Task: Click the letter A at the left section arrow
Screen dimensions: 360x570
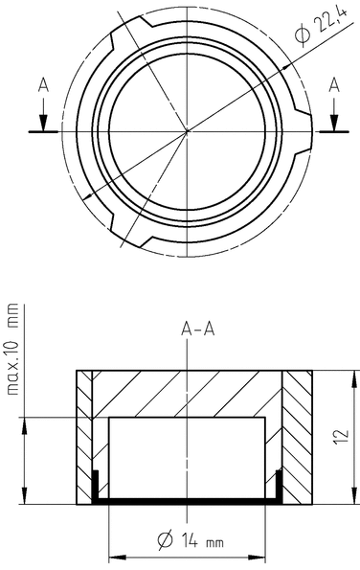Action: point(43,86)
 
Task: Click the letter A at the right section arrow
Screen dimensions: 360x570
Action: point(334,86)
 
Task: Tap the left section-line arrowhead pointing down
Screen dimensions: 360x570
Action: point(43,123)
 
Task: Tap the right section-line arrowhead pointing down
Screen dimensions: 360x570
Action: point(334,123)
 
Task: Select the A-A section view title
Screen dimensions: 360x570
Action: point(198,329)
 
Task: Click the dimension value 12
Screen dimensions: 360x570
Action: point(342,436)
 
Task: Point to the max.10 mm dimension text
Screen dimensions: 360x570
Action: point(12,349)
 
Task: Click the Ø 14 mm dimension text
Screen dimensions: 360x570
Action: point(191,540)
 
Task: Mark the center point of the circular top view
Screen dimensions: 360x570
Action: point(187,131)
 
